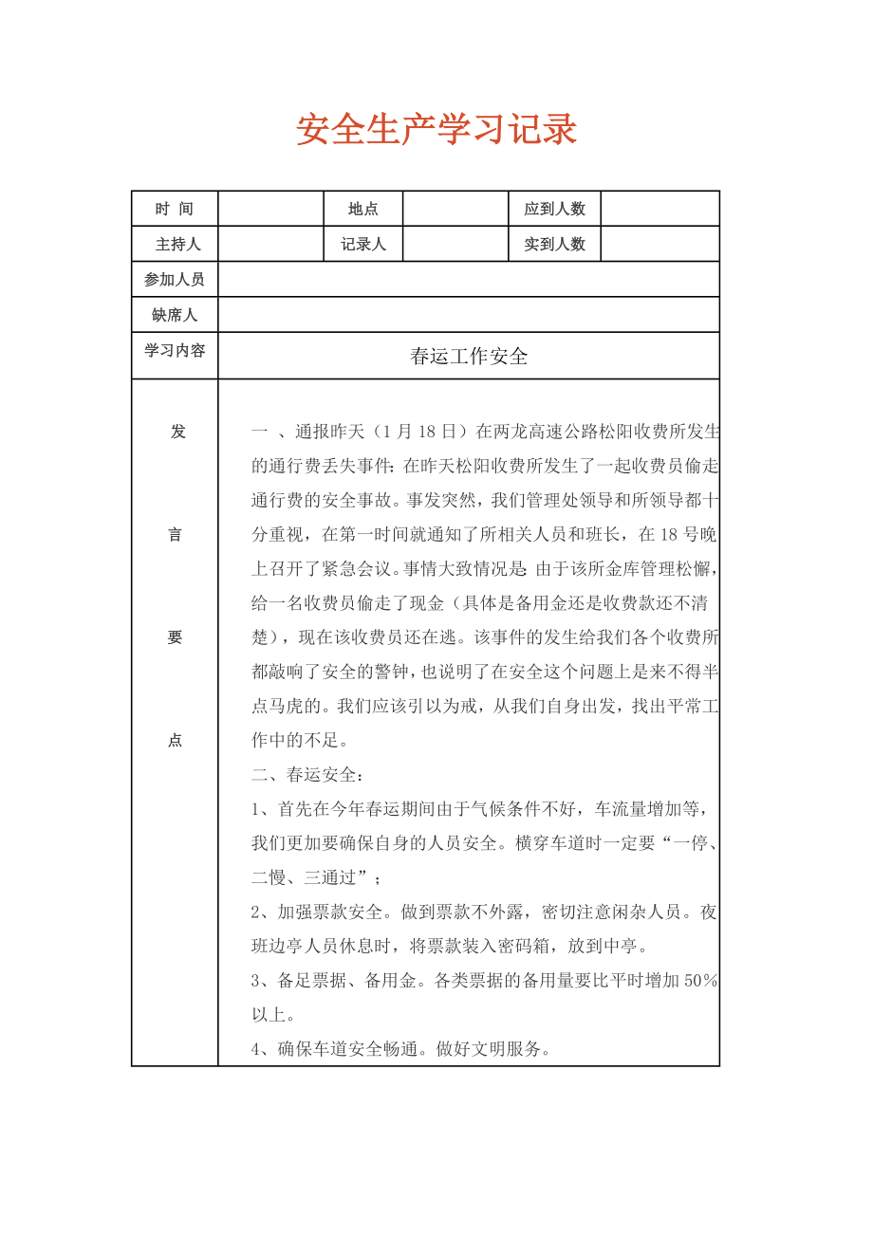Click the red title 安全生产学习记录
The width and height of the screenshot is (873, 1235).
pyautogui.click(x=436, y=131)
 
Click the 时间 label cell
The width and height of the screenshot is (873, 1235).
pyautogui.click(x=175, y=209)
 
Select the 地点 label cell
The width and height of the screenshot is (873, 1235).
pyautogui.click(x=363, y=209)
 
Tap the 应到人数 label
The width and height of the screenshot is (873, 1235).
pyautogui.click(x=555, y=209)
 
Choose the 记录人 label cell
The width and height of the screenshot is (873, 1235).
pyautogui.click(x=363, y=244)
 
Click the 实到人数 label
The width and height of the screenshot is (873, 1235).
pyautogui.click(x=555, y=244)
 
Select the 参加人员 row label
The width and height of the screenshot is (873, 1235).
pyautogui.click(x=175, y=280)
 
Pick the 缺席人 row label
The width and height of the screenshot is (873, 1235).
pyautogui.click(x=175, y=315)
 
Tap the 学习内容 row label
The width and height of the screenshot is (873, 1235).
pyautogui.click(x=175, y=351)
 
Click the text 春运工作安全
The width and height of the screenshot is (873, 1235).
pyautogui.click(x=469, y=357)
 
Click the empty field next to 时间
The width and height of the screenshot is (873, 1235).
pyautogui.click(x=271, y=209)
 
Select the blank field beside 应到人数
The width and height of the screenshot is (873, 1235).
pyautogui.click(x=660, y=209)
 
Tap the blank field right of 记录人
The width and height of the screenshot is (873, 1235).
pyautogui.click(x=455, y=244)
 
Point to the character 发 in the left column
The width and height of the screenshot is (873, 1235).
pyautogui.click(x=176, y=432)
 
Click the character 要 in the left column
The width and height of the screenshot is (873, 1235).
pyautogui.click(x=176, y=637)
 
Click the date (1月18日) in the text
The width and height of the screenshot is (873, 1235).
pyautogui.click(x=417, y=432)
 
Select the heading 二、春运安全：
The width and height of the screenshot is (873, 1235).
pyautogui.click(x=307, y=775)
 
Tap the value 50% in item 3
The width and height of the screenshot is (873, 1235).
pyautogui.click(x=700, y=981)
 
